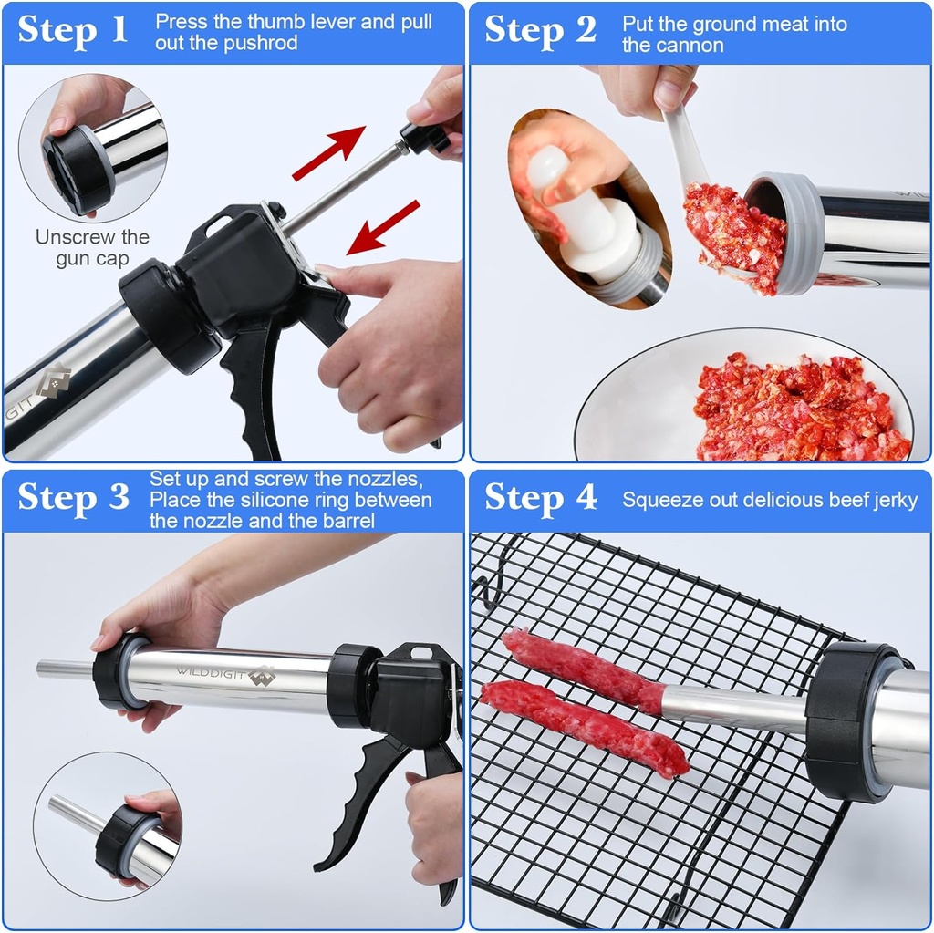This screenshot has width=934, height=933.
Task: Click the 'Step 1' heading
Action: pos(73,29)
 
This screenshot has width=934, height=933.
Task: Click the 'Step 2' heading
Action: pos(540,29)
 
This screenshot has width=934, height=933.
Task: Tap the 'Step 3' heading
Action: pos(73,498)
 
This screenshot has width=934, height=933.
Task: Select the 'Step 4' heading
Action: pos(540,498)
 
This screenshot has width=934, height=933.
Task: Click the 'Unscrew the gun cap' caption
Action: pos(92,248)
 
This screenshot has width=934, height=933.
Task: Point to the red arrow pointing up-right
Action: pos(328,153)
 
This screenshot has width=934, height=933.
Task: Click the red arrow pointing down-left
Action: pos(383,226)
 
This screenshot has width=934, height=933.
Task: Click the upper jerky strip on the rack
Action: pos(584,670)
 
